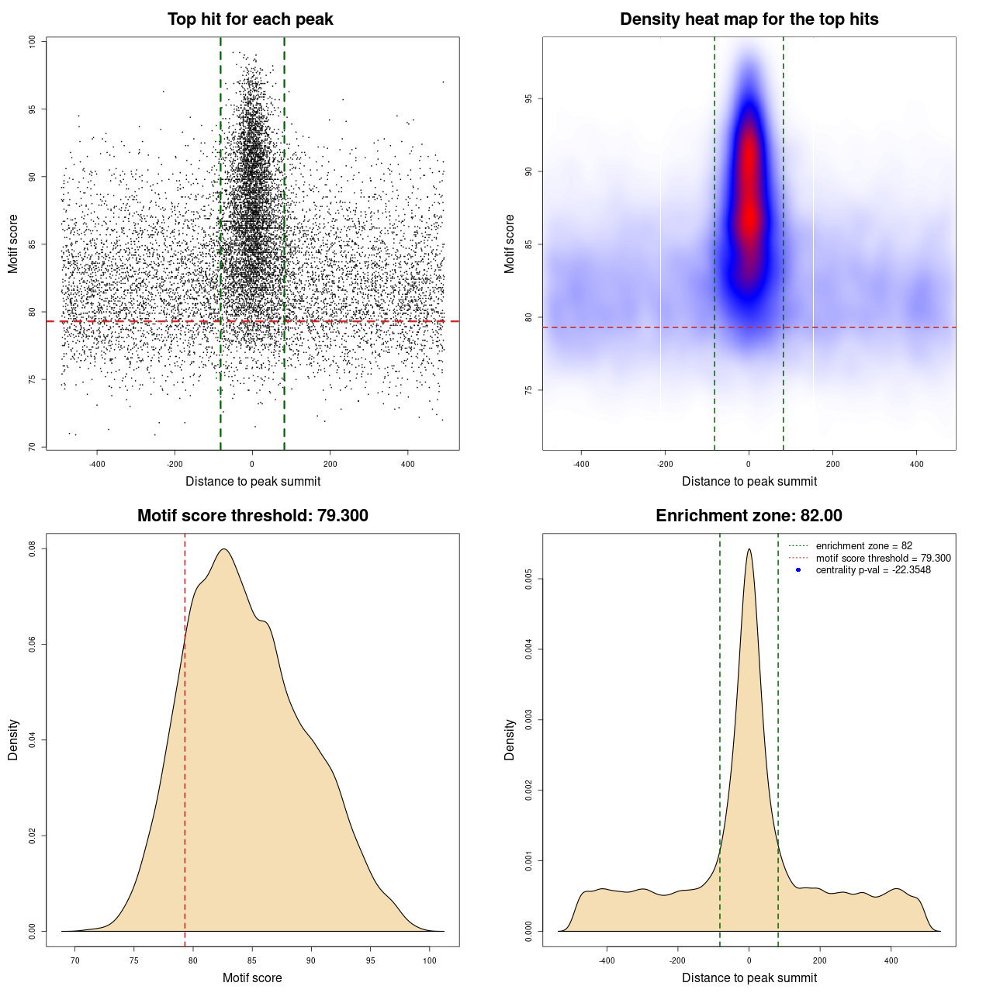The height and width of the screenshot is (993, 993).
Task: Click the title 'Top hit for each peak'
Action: pyautogui.click(x=250, y=19)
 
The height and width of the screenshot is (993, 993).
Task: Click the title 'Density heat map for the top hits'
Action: pyautogui.click(x=749, y=19)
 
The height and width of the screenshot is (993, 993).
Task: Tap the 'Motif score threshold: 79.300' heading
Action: pyautogui.click(x=252, y=516)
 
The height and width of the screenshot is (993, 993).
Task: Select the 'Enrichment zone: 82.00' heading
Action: pyautogui.click(x=749, y=516)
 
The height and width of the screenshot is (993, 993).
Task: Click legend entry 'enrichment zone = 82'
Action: pyautogui.click(x=863, y=546)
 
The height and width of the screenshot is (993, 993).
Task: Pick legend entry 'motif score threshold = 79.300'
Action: pyautogui.click(x=883, y=558)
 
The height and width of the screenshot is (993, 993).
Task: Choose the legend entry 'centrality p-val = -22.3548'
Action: pyautogui.click(x=873, y=570)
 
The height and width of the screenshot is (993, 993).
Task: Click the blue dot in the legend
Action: pyautogui.click(x=798, y=570)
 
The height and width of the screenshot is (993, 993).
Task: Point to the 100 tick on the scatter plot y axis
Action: pyautogui.click(x=32, y=42)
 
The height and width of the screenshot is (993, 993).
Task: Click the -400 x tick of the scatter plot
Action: pyautogui.click(x=97, y=464)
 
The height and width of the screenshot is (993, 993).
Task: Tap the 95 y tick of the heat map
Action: pyautogui.click(x=528, y=99)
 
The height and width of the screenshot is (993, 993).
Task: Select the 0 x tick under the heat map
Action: pyautogui.click(x=749, y=464)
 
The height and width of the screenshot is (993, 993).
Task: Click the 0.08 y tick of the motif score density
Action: pyautogui.click(x=32, y=549)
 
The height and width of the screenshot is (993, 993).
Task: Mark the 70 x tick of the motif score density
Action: pyautogui.click(x=75, y=960)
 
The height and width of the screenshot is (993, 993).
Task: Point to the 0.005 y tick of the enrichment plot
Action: pyautogui.click(x=528, y=579)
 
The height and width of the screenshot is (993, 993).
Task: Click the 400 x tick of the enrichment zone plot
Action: pyautogui.click(x=891, y=960)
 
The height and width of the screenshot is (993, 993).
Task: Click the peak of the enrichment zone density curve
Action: pyautogui.click(x=749, y=549)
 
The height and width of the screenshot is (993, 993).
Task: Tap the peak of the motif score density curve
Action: pyautogui.click(x=224, y=549)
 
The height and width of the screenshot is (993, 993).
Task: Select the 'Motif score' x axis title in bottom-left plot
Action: pyautogui.click(x=252, y=977)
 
